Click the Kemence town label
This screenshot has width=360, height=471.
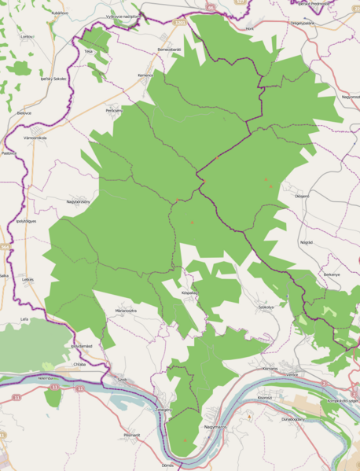(145, 75)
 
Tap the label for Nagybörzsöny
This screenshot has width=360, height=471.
(80, 201)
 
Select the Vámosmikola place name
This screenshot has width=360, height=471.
(35, 138)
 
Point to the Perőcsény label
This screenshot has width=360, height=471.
(114, 110)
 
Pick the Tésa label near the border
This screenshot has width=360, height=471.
(88, 51)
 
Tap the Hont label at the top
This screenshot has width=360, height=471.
(250, 28)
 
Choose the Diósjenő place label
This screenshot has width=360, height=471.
(302, 195)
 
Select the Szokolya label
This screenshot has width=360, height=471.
(266, 307)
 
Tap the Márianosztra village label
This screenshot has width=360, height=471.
(126, 311)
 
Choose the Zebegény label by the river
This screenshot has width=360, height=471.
(163, 410)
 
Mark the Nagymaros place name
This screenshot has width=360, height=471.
(215, 427)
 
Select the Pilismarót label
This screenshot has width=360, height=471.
(132, 434)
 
